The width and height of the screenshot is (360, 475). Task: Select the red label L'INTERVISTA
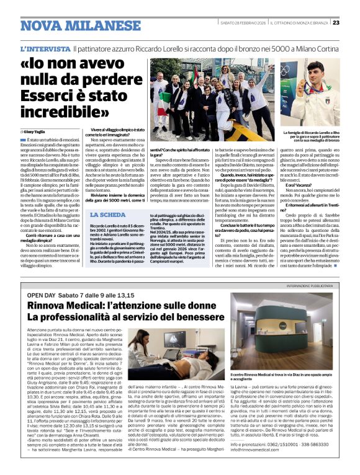click(44, 48)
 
